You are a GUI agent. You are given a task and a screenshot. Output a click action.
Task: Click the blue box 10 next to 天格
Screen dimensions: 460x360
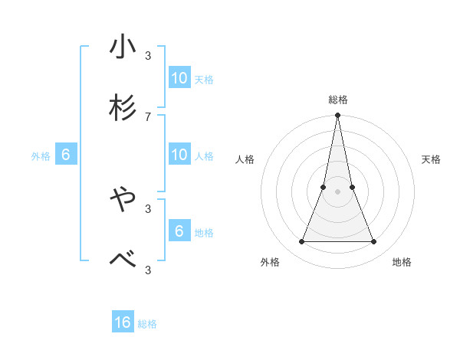[x=179, y=78]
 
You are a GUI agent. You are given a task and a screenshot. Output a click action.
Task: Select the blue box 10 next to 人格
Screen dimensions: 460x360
[x=179, y=155]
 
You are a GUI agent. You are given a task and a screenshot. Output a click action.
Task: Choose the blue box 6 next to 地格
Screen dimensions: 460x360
[x=179, y=231]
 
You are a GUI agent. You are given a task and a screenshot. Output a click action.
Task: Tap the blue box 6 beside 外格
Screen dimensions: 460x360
[x=66, y=155]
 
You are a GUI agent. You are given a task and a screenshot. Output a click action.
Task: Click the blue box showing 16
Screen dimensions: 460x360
[x=123, y=322]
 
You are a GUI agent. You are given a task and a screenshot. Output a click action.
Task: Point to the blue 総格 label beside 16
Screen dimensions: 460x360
[x=147, y=324]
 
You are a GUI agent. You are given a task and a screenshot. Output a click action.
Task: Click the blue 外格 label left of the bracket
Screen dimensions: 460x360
[x=41, y=156]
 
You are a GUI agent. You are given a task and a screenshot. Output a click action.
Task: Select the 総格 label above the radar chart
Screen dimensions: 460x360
[x=338, y=100]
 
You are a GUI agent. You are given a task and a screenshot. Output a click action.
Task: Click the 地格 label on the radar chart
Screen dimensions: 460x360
[x=402, y=262]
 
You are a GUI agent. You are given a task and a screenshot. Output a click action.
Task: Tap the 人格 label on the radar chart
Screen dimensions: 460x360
[x=245, y=159]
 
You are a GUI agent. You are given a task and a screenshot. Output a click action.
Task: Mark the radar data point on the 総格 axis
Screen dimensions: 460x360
[x=337, y=116]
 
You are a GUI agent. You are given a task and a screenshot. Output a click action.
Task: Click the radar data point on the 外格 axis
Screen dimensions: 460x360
[x=301, y=242]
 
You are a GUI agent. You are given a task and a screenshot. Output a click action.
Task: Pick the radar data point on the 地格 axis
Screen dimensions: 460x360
[x=374, y=242]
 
